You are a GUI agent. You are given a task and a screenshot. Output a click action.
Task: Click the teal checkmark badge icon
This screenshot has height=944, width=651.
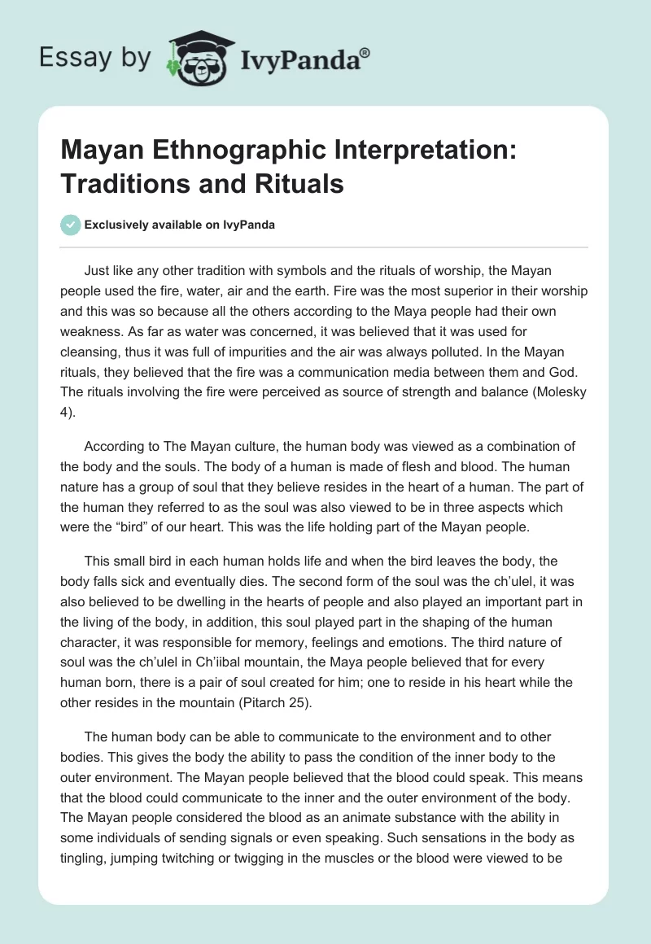(x=71, y=225)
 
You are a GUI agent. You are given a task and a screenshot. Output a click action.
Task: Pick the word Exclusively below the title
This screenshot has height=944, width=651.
(x=118, y=225)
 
